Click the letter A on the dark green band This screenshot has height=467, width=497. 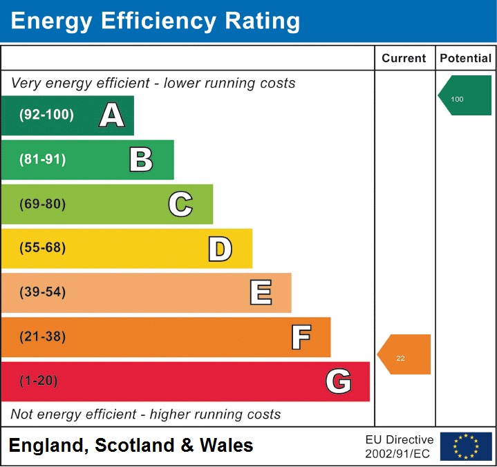(112, 115)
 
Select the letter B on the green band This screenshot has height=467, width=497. (141, 160)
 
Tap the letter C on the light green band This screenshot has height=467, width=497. (180, 204)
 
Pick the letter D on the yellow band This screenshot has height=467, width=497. (220, 249)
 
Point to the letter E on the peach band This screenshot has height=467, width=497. (261, 292)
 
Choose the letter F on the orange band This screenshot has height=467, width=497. (301, 337)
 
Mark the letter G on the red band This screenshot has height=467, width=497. (339, 381)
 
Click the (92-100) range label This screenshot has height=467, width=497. (47, 115)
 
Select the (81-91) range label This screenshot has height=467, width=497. (43, 160)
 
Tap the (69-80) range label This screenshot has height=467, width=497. (43, 204)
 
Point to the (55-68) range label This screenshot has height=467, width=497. (43, 248)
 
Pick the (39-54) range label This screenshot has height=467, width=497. (43, 292)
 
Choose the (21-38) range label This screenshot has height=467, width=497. (43, 337)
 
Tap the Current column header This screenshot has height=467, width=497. (404, 59)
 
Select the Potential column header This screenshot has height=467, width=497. (466, 59)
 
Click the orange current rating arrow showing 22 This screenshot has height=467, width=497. (405, 355)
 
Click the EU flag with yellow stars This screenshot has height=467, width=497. (466, 446)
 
